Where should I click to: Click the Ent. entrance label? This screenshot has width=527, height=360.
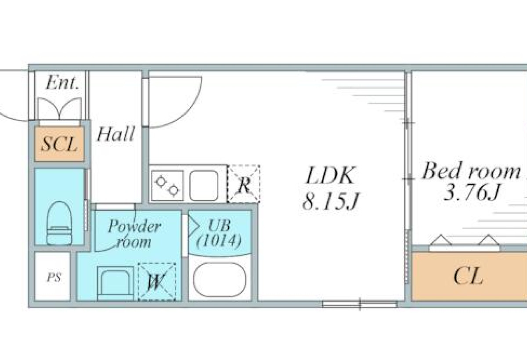62,83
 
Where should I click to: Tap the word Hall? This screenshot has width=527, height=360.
116,134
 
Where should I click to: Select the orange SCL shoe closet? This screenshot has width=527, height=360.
60,144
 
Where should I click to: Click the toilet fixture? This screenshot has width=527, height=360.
59,223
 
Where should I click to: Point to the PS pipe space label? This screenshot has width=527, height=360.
54,277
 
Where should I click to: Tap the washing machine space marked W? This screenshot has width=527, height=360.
157,282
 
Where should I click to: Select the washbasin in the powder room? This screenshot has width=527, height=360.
115,283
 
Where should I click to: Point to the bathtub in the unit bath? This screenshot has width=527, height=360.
220,280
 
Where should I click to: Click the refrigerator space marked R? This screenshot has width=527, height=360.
244,184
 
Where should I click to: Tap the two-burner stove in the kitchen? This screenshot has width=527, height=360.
167,186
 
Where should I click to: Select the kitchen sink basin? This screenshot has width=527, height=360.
203,186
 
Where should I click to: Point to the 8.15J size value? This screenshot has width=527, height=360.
331,201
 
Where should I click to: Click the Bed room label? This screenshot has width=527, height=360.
471,170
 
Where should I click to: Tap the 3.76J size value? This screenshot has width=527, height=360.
471,192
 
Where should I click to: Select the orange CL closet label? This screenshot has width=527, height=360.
468,277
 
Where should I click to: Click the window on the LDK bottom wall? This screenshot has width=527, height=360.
360,305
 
